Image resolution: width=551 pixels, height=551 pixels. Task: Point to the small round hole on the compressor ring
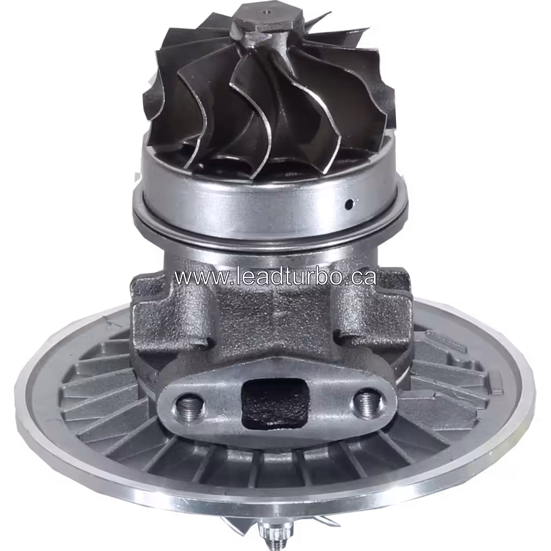349,204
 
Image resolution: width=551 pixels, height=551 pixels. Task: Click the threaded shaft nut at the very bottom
269,533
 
